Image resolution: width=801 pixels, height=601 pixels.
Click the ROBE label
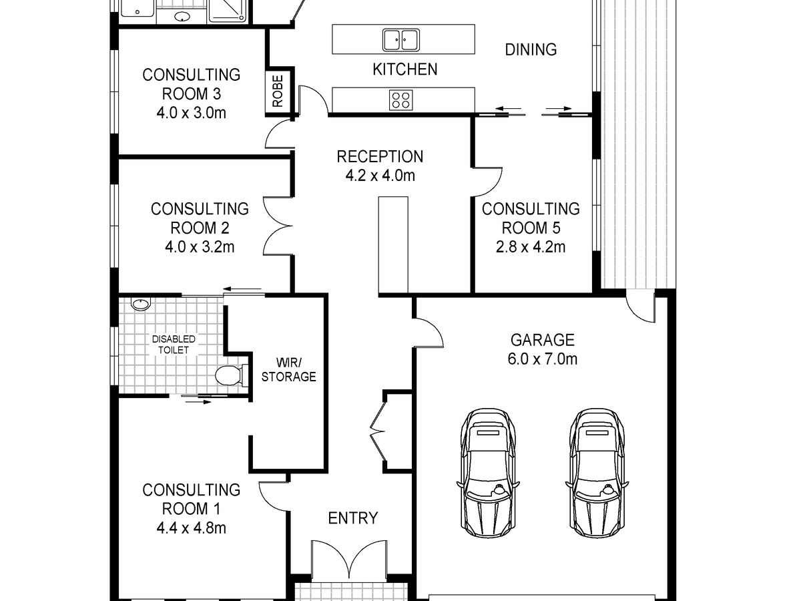pyautogui.click(x=278, y=91)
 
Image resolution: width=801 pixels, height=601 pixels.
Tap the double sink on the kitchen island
pyautogui.click(x=400, y=40)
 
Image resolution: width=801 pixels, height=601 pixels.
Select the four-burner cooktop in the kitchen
pyautogui.click(x=400, y=100)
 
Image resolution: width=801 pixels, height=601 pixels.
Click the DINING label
pyautogui.click(x=531, y=49)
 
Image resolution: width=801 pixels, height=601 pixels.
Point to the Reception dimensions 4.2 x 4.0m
pyautogui.click(x=380, y=176)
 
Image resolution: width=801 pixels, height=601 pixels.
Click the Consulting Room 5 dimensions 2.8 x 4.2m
pyautogui.click(x=531, y=247)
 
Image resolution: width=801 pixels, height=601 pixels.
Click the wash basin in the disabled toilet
pyautogui.click(x=141, y=304)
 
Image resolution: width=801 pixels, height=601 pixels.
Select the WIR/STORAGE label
pyautogui.click(x=288, y=370)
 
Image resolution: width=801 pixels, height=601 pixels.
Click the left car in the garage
pyautogui.click(x=488, y=473)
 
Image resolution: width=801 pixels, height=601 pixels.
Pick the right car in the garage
pyautogui.click(x=597, y=473)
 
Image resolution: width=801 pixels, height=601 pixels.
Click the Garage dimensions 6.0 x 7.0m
pyautogui.click(x=542, y=359)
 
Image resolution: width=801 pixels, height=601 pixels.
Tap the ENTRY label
pyautogui.click(x=353, y=518)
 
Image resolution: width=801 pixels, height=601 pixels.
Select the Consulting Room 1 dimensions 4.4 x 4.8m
pyautogui.click(x=191, y=528)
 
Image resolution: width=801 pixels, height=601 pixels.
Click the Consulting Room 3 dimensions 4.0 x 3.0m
pyautogui.click(x=191, y=113)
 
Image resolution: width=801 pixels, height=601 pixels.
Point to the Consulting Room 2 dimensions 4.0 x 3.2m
pyautogui.click(x=200, y=247)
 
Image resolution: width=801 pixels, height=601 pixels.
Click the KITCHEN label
pyautogui.click(x=405, y=69)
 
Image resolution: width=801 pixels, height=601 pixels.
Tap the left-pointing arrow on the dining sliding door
pyautogui.click(x=509, y=108)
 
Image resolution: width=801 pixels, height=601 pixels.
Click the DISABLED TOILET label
pyautogui.click(x=174, y=345)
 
